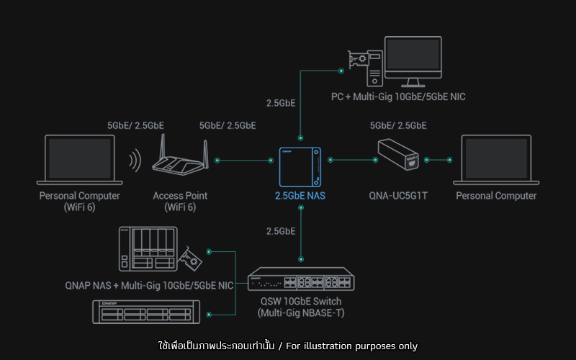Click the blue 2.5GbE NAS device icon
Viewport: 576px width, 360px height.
tap(300, 167)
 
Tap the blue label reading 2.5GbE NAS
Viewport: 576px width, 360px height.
tap(300, 196)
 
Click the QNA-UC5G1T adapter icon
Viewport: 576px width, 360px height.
tap(398, 154)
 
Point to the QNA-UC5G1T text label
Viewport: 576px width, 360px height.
tap(398, 196)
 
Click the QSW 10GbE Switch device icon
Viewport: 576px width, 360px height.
tap(301, 279)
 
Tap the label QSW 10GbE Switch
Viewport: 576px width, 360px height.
tap(301, 301)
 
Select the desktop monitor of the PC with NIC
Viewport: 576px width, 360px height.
tap(413, 61)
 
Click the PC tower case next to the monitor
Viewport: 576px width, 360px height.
tap(374, 68)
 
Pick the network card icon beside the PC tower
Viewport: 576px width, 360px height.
tap(358, 59)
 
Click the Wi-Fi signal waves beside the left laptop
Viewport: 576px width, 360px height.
tap(135, 160)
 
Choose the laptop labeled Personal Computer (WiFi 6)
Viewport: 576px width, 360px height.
tap(79, 160)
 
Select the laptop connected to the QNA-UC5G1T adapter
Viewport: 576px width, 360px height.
tap(496, 160)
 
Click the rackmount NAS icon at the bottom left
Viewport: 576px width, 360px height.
tap(146, 312)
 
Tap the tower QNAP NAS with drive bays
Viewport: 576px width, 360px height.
tap(148, 248)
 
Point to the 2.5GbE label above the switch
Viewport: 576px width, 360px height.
tap(281, 231)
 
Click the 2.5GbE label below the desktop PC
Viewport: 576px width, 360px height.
tap(281, 103)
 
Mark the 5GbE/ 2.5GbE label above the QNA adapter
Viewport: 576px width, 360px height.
tap(398, 125)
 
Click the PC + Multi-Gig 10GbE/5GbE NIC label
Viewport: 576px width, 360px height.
tap(398, 97)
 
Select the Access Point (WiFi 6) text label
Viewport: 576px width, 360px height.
tap(180, 202)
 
